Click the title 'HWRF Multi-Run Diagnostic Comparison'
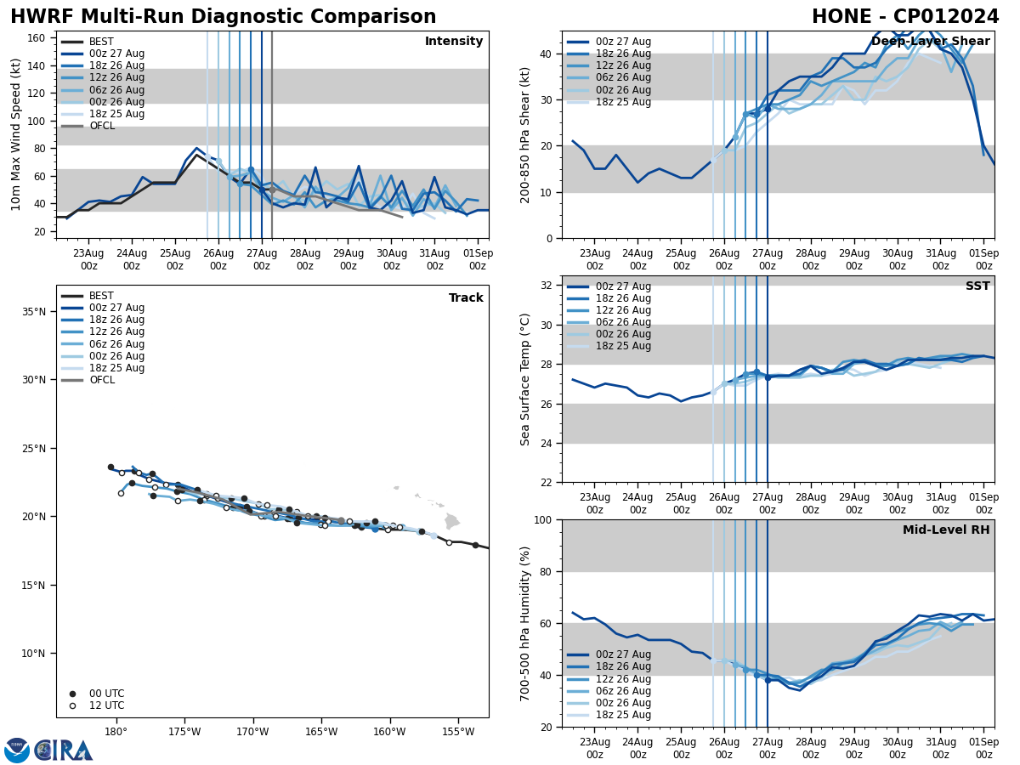(x=223, y=17)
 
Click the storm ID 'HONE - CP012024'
(x=905, y=17)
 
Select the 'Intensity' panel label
(x=454, y=42)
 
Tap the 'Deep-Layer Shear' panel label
(x=930, y=42)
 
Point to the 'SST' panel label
(x=977, y=286)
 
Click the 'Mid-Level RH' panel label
(x=946, y=530)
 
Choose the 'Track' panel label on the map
(x=466, y=298)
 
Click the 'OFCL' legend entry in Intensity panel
(x=102, y=126)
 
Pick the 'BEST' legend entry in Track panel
(x=101, y=296)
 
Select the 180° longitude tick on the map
(x=116, y=731)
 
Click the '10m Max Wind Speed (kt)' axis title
(x=16, y=134)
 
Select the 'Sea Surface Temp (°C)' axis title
(x=525, y=379)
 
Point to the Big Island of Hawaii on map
(x=451, y=521)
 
